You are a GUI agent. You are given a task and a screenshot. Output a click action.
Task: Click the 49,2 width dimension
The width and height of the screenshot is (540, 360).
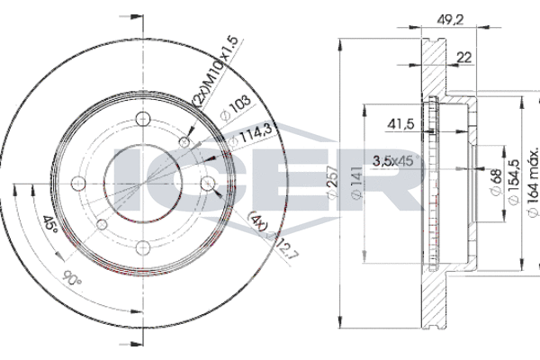pos(451,20)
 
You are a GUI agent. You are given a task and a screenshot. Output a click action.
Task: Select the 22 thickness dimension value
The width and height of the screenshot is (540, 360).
pos(463,58)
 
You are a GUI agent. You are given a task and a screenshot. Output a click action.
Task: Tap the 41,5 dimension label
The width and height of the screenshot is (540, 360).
pos(400,124)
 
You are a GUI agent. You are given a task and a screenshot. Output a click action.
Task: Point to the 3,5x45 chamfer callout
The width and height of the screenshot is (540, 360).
pos(396,160)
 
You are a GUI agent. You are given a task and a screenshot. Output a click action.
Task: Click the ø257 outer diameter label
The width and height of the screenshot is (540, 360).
pos(333,182)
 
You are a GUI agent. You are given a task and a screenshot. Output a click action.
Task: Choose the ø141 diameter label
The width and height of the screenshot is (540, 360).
pos(356,182)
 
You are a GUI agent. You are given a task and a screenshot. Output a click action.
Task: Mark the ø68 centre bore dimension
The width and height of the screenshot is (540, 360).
pos(496,182)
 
